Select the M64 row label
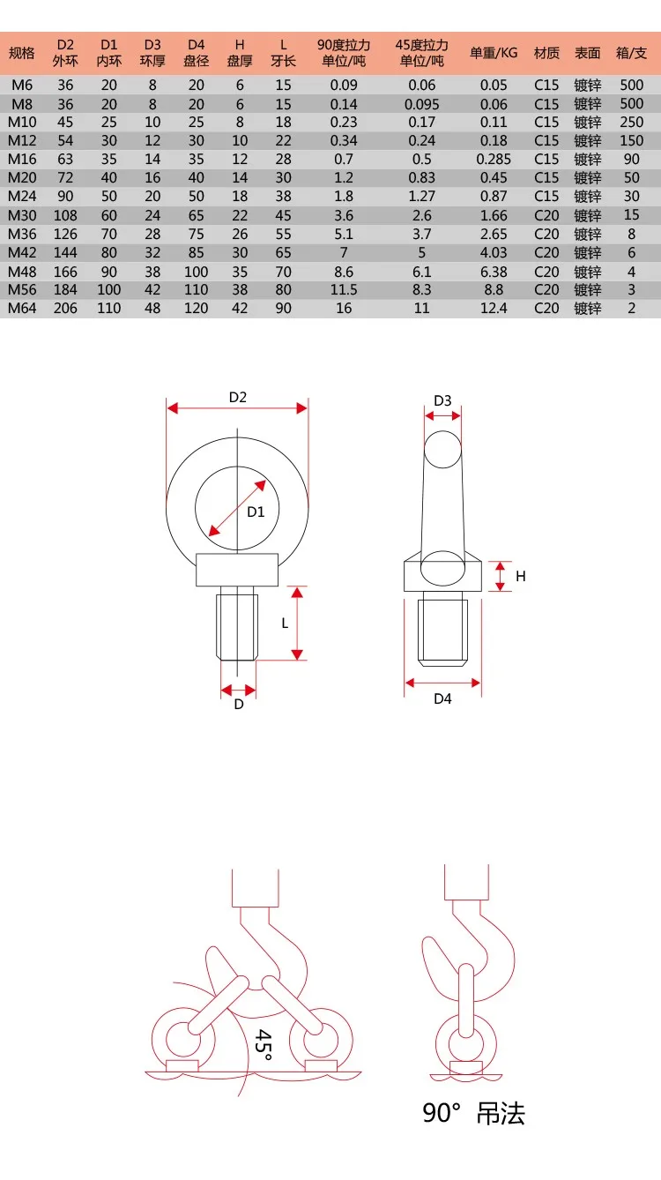coord(21,308)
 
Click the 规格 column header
coord(21,53)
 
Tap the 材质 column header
coord(546,53)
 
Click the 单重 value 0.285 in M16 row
coord(494,160)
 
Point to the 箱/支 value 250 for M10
coord(631,123)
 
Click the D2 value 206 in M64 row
coord(65,308)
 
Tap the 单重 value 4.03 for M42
coord(494,252)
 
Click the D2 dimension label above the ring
coord(238,398)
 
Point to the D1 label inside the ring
coord(256,512)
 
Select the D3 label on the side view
coord(442,401)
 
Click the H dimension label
coord(521,576)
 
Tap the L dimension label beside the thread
coord(285,623)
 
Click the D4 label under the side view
coord(442,699)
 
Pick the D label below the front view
coord(238,705)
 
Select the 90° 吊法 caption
coord(473,1114)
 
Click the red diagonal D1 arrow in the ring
coord(237,508)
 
